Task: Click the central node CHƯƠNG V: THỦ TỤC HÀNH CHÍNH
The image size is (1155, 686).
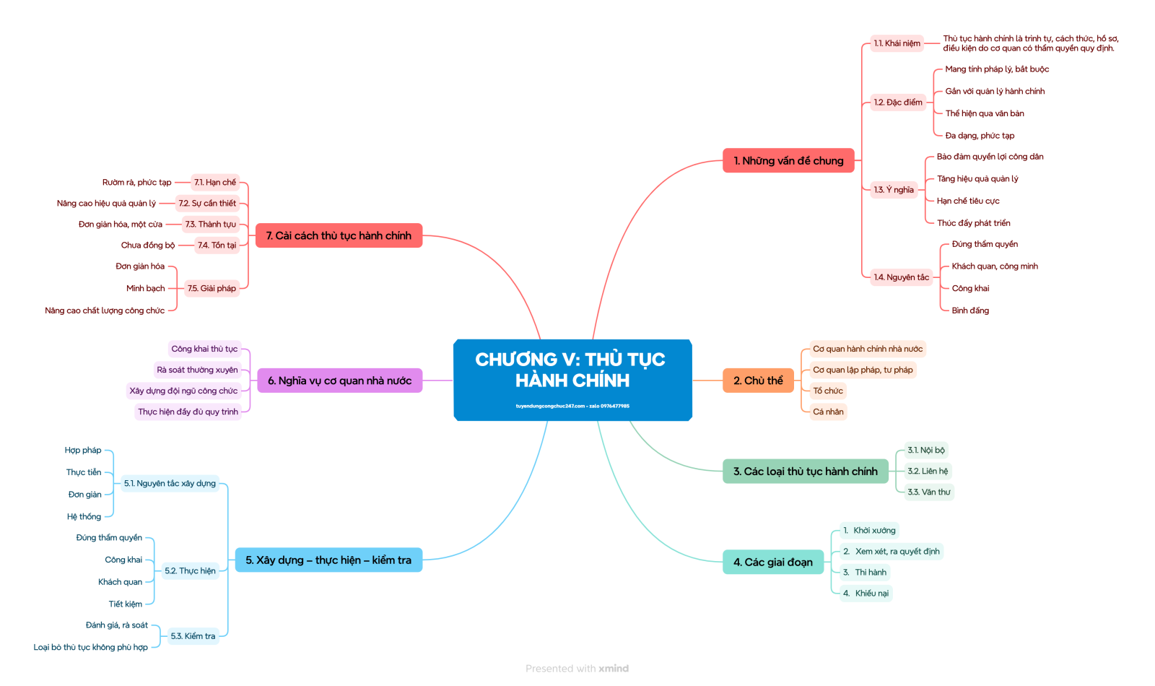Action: tap(572, 379)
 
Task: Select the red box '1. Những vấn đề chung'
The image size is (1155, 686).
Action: tap(788, 160)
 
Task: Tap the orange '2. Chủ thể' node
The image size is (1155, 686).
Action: tap(758, 381)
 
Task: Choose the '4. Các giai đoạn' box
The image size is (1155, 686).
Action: tap(773, 562)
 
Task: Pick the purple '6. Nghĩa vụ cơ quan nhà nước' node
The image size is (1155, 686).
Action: tap(339, 381)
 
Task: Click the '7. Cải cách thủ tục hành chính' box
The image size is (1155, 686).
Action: tap(339, 235)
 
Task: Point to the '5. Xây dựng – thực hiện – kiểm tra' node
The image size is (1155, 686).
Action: tap(328, 560)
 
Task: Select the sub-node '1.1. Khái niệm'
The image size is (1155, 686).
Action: tap(897, 43)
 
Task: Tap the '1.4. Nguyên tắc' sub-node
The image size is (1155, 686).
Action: tap(901, 277)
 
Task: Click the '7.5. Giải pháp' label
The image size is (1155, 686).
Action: tap(212, 288)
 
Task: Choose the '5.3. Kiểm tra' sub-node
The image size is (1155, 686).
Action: tap(193, 636)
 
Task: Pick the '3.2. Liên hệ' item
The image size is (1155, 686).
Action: tap(928, 471)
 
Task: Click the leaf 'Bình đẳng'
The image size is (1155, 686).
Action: tap(970, 311)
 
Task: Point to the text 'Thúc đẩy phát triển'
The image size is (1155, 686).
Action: tap(973, 223)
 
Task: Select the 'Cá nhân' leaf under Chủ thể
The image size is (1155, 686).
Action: tap(828, 412)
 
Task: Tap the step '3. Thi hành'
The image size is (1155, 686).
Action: tap(866, 572)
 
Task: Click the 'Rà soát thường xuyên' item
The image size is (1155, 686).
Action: tap(197, 370)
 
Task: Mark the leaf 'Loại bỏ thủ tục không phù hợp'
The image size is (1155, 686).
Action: tap(90, 647)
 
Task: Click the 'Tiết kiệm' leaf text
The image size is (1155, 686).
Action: tap(126, 604)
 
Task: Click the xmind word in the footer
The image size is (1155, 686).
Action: tap(614, 669)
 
